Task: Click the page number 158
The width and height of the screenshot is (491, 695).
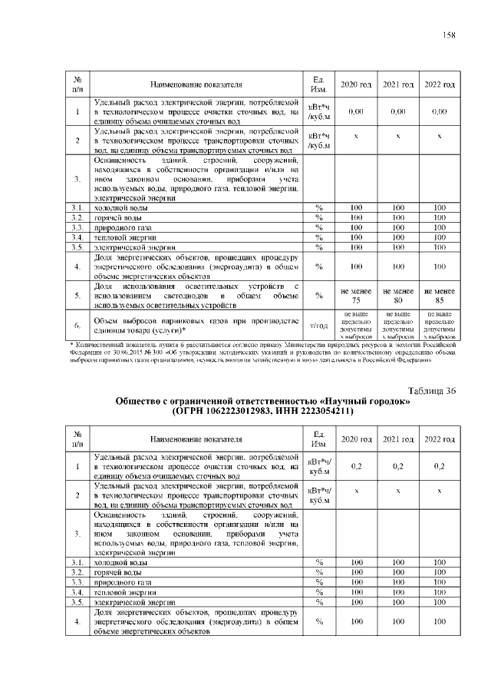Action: coord(449,33)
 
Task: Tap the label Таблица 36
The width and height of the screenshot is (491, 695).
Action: coord(432,390)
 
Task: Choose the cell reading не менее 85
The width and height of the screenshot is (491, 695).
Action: coord(440,296)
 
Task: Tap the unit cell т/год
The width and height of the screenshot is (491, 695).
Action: coord(318,326)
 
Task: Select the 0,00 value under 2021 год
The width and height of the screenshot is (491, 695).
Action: coord(398,111)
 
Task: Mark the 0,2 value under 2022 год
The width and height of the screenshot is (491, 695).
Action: coord(440,466)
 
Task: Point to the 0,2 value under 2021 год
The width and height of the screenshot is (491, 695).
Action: coord(398,466)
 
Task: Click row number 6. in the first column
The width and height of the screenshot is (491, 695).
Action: coord(77,326)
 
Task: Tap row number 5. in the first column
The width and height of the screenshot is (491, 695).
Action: coord(77,296)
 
